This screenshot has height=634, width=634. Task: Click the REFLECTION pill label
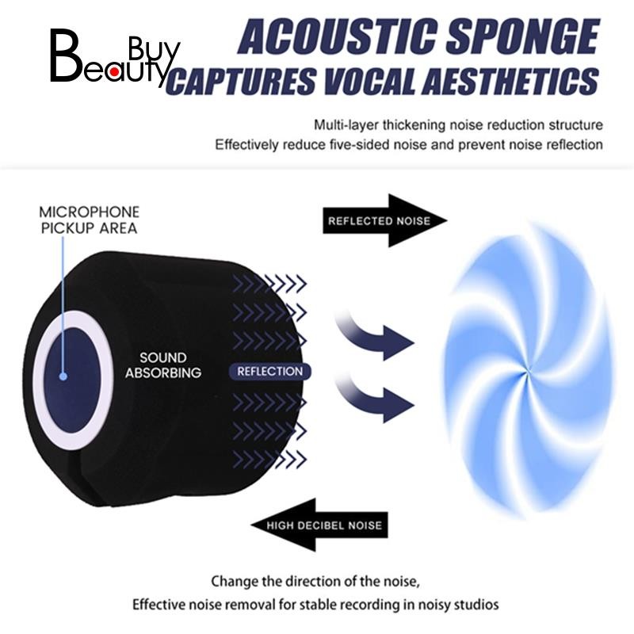click(x=269, y=371)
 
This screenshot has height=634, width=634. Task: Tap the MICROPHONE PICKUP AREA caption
click(x=90, y=220)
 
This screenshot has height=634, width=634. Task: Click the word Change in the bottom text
click(x=235, y=580)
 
